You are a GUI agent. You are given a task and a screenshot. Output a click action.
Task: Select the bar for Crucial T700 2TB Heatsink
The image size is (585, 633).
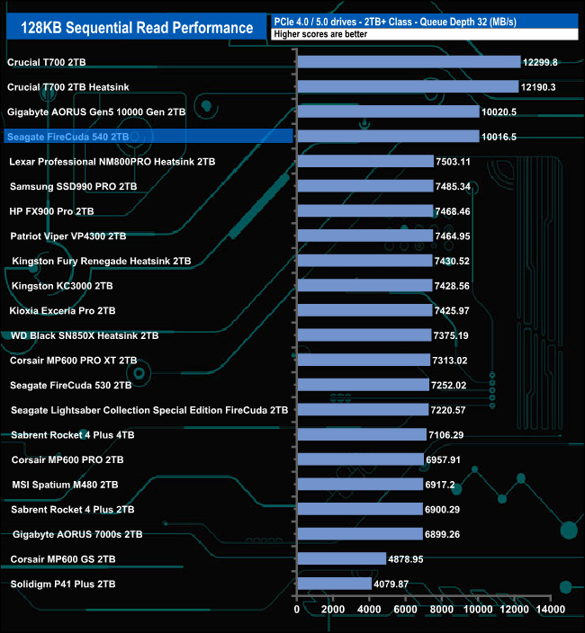click(x=408, y=87)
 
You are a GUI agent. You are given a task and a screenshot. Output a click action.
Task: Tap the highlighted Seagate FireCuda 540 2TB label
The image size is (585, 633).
click(x=67, y=137)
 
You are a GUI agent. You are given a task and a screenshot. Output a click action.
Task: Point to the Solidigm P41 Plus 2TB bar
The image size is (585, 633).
click(x=334, y=584)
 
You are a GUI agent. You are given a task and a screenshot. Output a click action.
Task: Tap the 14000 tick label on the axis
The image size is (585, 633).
click(x=551, y=610)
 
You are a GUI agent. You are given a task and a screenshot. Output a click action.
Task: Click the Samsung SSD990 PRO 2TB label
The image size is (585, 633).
click(x=73, y=186)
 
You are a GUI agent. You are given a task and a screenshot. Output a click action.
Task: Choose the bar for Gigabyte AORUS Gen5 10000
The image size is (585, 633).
click(x=388, y=112)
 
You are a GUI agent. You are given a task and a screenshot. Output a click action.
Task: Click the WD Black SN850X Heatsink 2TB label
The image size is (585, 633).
click(x=84, y=335)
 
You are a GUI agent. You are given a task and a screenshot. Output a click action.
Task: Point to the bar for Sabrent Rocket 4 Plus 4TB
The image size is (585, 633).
click(x=361, y=434)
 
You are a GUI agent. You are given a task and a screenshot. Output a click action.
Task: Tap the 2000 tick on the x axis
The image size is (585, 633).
click(x=334, y=610)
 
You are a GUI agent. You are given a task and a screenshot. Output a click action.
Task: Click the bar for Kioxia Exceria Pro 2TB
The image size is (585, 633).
click(x=364, y=310)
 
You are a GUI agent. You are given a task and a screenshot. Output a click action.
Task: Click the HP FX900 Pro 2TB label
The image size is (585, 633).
click(x=64, y=211)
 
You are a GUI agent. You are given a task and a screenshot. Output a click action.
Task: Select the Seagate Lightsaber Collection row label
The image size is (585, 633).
click(x=149, y=410)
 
